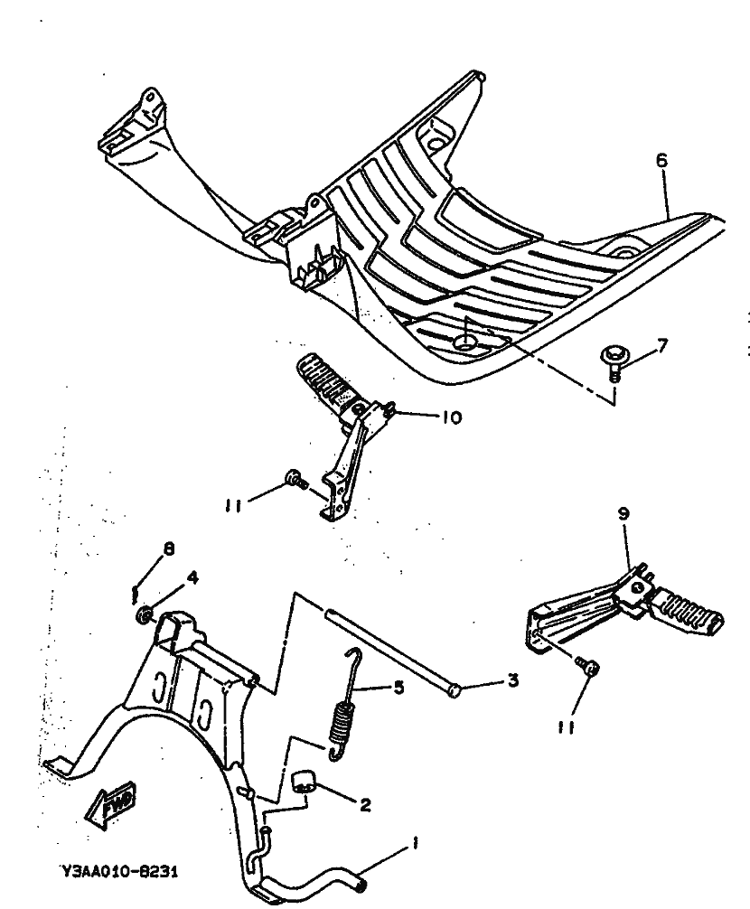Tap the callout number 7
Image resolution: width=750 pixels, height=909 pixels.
(663, 345)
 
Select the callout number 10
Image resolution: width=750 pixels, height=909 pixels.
(451, 417)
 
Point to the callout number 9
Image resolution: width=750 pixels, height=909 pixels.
(623, 512)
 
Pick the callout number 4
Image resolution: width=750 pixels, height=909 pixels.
(192, 577)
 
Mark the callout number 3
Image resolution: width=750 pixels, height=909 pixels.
(512, 680)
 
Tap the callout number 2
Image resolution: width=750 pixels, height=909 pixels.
(364, 805)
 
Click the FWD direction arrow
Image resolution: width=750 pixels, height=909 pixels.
(110, 803)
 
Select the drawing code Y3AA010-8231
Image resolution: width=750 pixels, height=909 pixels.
(119, 873)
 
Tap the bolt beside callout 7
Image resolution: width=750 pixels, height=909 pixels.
(614, 360)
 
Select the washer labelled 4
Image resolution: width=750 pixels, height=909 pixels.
(144, 616)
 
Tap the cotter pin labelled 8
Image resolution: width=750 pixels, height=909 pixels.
(134, 592)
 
